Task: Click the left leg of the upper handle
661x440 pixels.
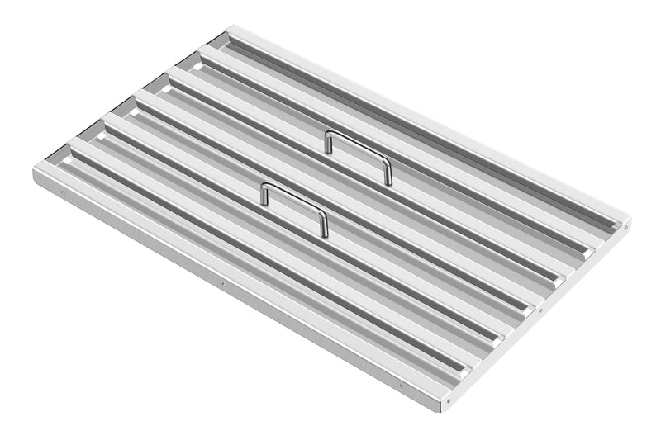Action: pyautogui.click(x=328, y=143)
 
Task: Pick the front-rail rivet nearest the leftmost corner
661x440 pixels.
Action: pyautogui.click(x=63, y=195)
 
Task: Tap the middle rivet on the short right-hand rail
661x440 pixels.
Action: pyautogui.click(x=538, y=310)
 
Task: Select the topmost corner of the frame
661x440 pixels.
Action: pyautogui.click(x=229, y=26)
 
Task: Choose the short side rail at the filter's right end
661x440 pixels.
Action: pyautogui.click(x=537, y=318)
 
